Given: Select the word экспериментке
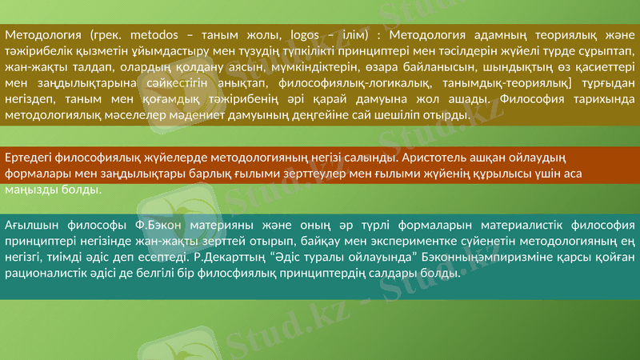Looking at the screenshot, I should [379, 242].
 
